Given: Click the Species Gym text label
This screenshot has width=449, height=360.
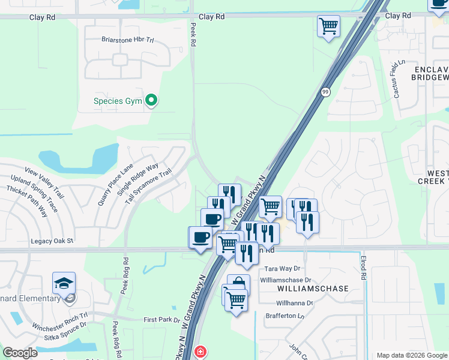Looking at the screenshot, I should [x=118, y=101].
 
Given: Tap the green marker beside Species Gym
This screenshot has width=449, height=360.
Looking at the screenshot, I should [x=152, y=100].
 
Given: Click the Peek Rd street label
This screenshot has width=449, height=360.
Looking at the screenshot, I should [x=193, y=35].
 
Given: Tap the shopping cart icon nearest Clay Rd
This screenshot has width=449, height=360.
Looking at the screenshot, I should [x=328, y=27].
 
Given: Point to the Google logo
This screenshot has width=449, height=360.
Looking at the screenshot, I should [x=20, y=353].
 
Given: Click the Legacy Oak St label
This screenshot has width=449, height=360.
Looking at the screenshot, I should [x=52, y=241].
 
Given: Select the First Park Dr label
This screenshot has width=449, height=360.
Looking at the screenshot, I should [x=162, y=320].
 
